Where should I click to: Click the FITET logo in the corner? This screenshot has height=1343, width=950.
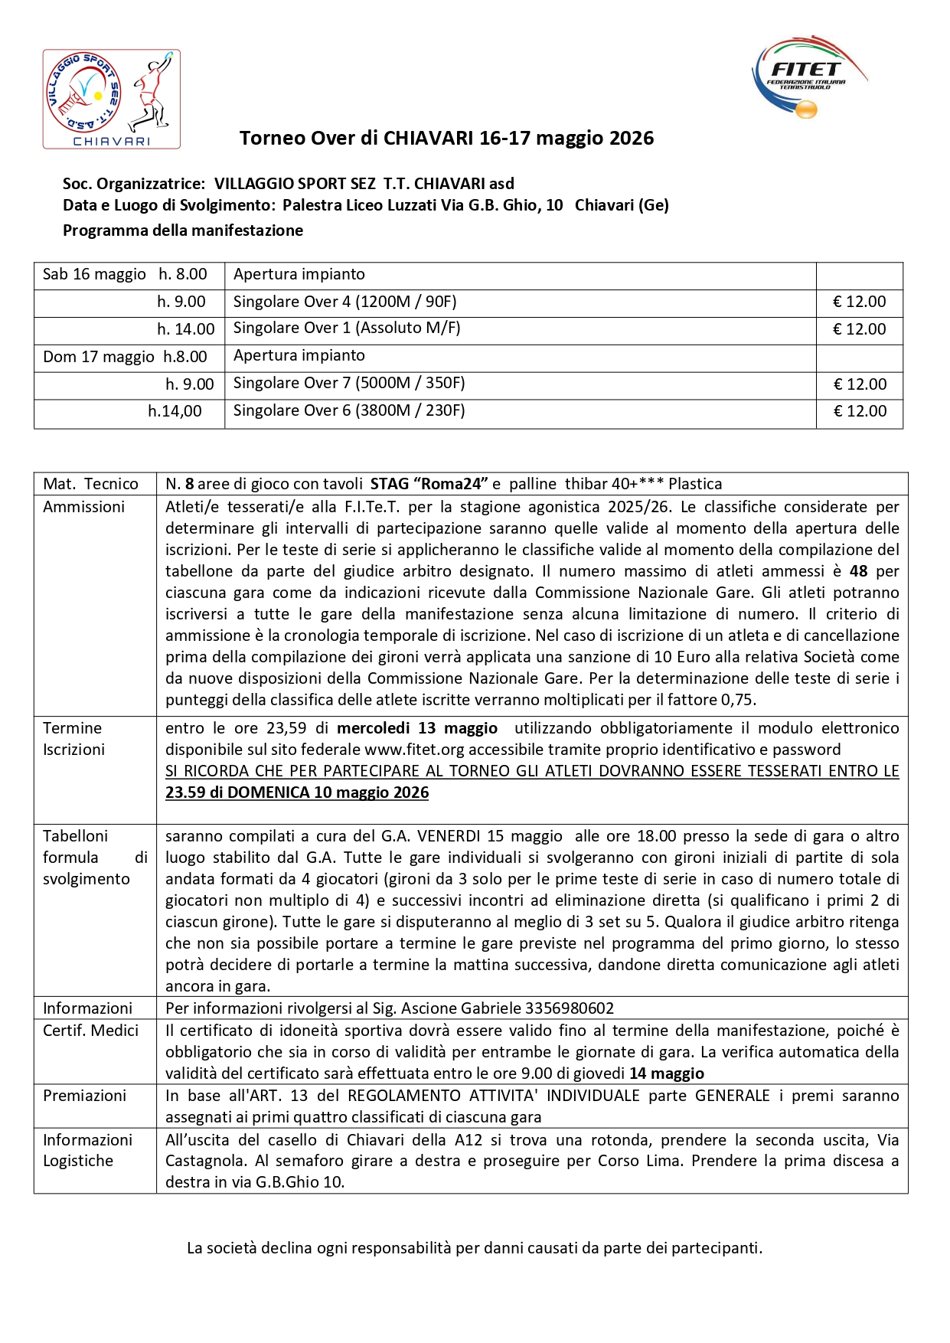808,77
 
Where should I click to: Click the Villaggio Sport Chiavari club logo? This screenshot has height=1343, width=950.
111,99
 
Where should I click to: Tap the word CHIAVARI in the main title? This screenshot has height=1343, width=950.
428,139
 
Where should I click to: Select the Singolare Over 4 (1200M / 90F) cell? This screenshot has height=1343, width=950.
344,302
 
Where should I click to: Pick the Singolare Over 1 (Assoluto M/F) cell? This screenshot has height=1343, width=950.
346,328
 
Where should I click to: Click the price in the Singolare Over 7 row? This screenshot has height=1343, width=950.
859,384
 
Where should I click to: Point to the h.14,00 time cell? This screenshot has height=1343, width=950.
175,411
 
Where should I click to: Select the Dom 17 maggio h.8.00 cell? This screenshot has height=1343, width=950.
125,357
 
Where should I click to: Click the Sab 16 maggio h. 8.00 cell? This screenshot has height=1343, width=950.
125,274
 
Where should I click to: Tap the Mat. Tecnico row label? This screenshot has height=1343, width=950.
90,484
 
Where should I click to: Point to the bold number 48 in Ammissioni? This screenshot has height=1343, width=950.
858,571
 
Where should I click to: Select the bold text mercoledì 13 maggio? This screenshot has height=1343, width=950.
416,728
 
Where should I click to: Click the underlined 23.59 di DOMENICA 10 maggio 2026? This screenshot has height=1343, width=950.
297,792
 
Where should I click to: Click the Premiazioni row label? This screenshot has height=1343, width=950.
84,1096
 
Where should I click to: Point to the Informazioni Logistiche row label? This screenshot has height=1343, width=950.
87,1150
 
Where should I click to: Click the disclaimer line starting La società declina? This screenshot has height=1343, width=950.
475,1248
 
